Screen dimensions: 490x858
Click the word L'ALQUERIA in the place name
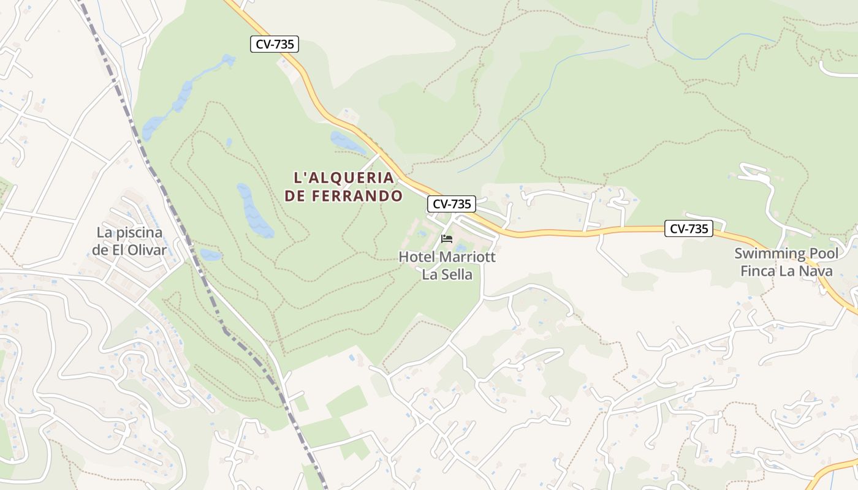pos(344,178)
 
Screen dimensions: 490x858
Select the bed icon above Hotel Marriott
pos(447,239)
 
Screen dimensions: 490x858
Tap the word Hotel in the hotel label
pos(417,257)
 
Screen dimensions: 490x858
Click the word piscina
pos(139,233)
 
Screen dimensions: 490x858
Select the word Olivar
pos(148,250)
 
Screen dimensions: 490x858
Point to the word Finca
pos(759,271)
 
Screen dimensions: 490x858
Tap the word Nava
pos(815,271)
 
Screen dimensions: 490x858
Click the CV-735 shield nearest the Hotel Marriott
pos(452,204)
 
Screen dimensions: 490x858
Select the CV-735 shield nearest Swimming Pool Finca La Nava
pos(689,229)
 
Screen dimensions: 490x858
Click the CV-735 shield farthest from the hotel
pos(274,44)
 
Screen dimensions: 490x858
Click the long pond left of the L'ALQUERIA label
pos(254,211)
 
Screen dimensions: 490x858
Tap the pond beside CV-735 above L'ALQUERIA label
pos(346,142)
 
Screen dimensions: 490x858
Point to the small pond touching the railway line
pos(210,255)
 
